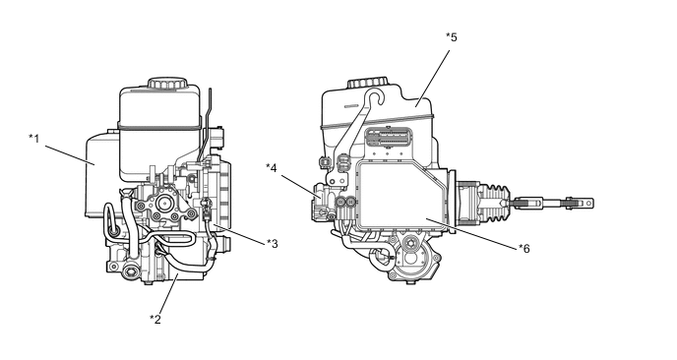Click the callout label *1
pyautogui.click(x=34, y=139)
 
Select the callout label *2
pyautogui.click(x=155, y=320)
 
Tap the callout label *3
pyautogui.click(x=272, y=244)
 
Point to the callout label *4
pyautogui.click(x=272, y=167)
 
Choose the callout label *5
pyautogui.click(x=452, y=37)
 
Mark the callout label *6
pyautogui.click(x=524, y=249)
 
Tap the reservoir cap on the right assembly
pyautogui.click(x=367, y=83)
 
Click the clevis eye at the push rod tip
pyautogui.click(x=587, y=202)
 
